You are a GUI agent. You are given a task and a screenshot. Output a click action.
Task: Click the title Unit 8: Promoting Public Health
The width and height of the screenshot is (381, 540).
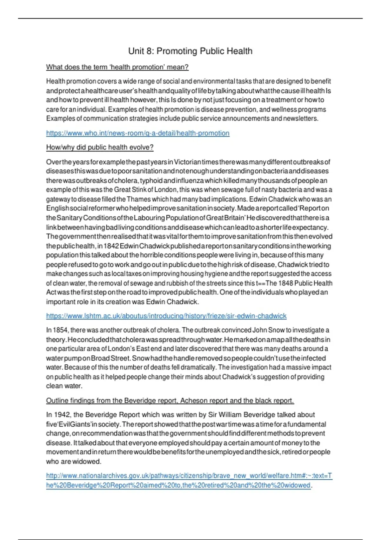point(190,51)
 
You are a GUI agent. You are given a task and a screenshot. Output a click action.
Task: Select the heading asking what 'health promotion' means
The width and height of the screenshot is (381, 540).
point(117,67)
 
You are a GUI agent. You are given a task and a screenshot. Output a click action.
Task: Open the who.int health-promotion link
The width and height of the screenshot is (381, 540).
point(137,133)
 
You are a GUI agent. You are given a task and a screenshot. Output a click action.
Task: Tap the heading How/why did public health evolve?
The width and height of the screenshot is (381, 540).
point(100,147)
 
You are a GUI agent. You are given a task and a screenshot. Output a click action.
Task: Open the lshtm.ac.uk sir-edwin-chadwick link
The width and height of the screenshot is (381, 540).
point(166,316)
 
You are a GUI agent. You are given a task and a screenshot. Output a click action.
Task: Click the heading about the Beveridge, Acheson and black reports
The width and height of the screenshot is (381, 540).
point(170,401)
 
